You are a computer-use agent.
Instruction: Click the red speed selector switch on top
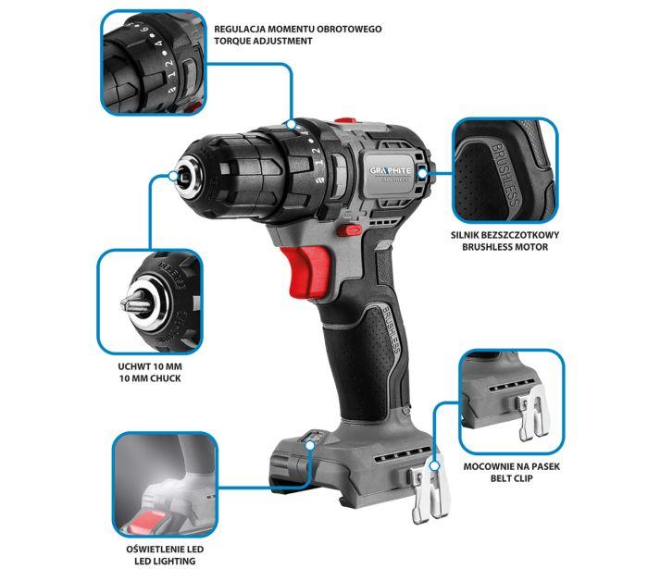[344, 121]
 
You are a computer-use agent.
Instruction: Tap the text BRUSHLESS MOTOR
[501, 247]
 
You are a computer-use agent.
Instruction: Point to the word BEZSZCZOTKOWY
[522, 235]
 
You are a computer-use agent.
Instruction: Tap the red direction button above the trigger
[354, 231]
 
